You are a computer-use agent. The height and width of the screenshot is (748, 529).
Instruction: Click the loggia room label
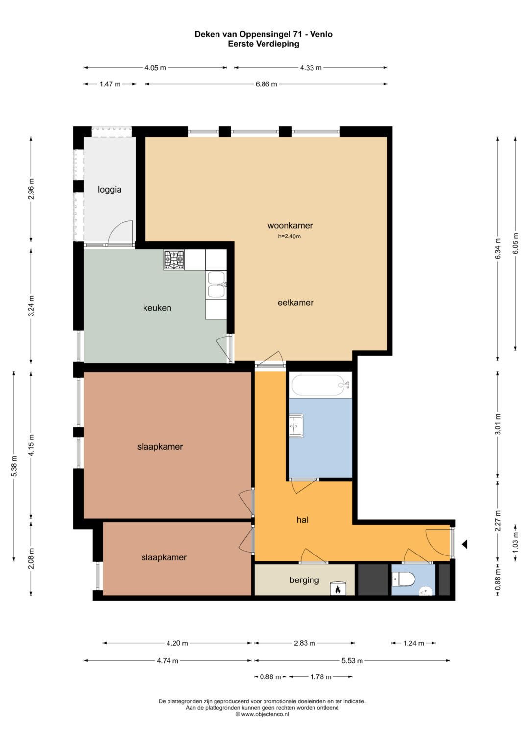pos(110,190)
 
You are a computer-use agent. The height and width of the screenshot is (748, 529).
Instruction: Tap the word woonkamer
pos(290,226)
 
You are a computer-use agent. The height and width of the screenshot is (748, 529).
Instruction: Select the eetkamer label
pos(295,303)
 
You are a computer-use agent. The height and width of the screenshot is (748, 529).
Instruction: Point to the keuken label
pos(157,308)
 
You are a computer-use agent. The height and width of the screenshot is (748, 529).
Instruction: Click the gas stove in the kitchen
pos(174,260)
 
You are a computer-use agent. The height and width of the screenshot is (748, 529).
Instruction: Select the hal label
pos(302,520)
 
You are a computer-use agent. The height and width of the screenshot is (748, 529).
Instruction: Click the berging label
pos(304,580)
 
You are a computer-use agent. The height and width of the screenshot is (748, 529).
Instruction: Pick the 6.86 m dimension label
pos(266,84)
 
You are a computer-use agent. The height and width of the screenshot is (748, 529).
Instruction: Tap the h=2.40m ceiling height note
pos(289,236)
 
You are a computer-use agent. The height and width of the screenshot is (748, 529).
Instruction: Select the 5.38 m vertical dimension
pos(14,466)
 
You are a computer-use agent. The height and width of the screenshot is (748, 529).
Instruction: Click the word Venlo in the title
pos(321,34)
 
